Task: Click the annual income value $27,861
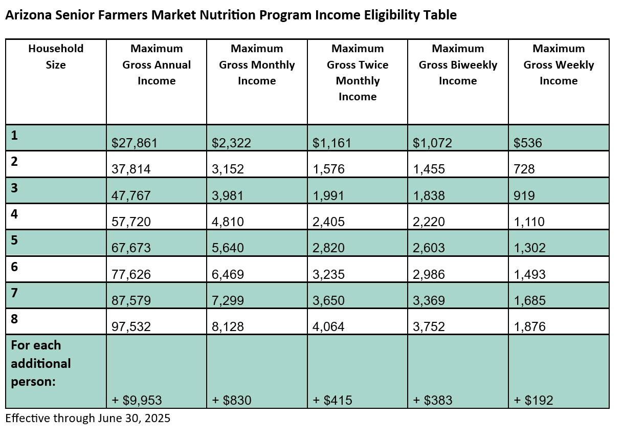tap(134, 143)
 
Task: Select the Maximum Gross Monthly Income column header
tap(257, 64)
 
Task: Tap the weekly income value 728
tap(524, 169)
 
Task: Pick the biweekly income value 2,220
tap(429, 222)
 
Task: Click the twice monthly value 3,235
tap(328, 274)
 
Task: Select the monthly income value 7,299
tap(228, 300)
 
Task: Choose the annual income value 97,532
tap(131, 326)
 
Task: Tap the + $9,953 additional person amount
tap(137, 400)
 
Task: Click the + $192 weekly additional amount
tap(533, 400)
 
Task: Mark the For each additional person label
tap(41, 363)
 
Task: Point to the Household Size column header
tap(55, 57)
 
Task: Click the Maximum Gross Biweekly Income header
tap(458, 64)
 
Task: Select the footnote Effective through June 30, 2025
tap(87, 418)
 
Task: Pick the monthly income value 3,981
tap(228, 195)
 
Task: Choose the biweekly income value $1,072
tap(432, 143)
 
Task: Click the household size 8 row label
tap(15, 319)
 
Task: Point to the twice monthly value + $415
tap(332, 400)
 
